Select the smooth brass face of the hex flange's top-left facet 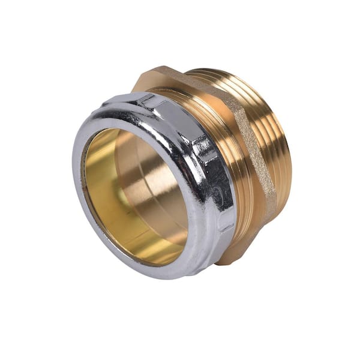click(x=180, y=81)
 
